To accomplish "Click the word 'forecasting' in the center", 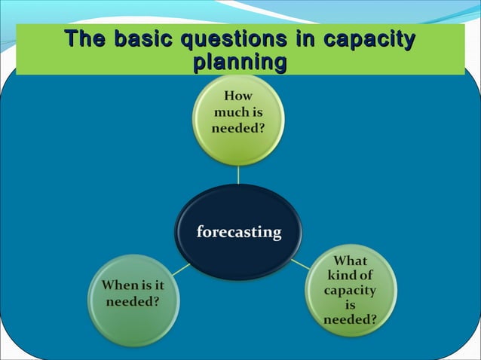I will pyautogui.click(x=239, y=232).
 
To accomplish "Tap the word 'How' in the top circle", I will pyautogui.click(x=238, y=96).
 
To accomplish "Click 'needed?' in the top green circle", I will pyautogui.click(x=238, y=128).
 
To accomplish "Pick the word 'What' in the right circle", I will pyautogui.click(x=350, y=261).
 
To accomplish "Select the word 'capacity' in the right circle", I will pyautogui.click(x=350, y=290).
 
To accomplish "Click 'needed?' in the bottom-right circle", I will pyautogui.click(x=350, y=319).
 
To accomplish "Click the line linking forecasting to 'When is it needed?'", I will pyautogui.click(x=180, y=270).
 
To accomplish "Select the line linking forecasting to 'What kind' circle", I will pyautogui.click(x=299, y=264).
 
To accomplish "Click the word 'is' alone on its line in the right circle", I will pyautogui.click(x=350, y=305).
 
